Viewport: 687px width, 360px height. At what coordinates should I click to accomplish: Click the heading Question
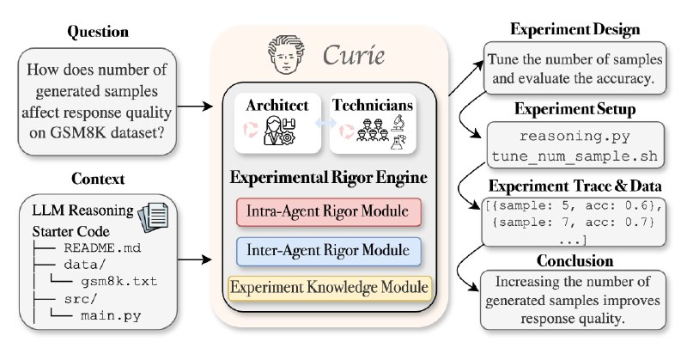[x=100, y=32]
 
